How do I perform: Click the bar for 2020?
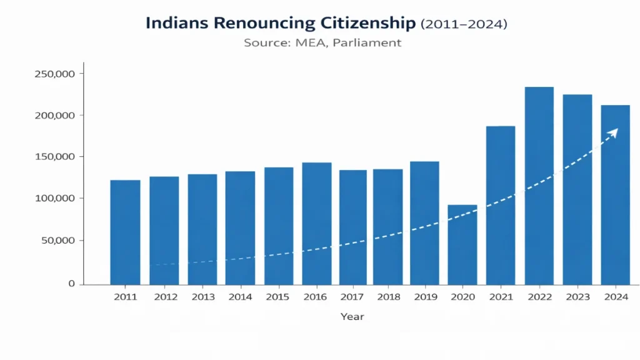462,244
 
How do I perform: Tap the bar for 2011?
125,232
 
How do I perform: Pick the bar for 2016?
317,223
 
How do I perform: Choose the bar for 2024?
615,194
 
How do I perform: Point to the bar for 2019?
424,222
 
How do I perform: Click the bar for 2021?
501,205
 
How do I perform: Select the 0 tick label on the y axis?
72,284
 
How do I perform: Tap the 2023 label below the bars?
577,297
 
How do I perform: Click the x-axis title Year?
352,317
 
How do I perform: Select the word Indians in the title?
177,24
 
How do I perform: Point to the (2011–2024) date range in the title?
464,24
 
